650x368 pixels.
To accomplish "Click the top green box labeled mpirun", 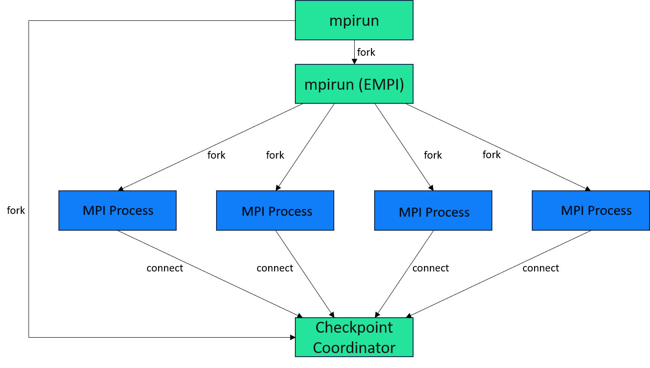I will pyautogui.click(x=354, y=20).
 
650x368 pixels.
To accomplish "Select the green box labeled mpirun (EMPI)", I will pyautogui.click(x=354, y=84).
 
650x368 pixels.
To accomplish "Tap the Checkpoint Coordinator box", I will pyautogui.click(x=354, y=337).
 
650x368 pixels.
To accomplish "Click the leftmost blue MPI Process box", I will pyautogui.click(x=117, y=210).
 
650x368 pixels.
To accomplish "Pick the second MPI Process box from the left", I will pyautogui.click(x=275, y=210).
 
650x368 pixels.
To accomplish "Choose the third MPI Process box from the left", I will pyautogui.click(x=433, y=210).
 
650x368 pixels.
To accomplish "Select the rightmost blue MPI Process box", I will pyautogui.click(x=590, y=210).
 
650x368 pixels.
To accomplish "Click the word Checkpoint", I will pyautogui.click(x=354, y=327).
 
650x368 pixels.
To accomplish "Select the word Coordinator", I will pyautogui.click(x=354, y=348).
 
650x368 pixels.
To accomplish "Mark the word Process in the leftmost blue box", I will pyautogui.click(x=131, y=211).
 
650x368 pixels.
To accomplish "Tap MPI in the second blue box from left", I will pyautogui.click(x=253, y=212).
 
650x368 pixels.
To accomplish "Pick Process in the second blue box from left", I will pyautogui.click(x=290, y=212).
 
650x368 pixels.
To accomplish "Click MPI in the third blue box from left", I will pyautogui.click(x=410, y=213).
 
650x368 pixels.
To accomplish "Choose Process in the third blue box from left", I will pyautogui.click(x=448, y=213).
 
